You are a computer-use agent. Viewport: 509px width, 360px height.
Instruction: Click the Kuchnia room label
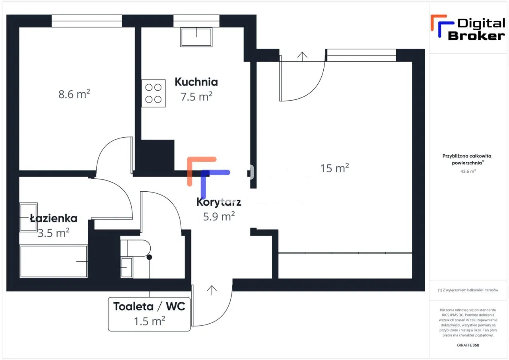click(196, 82)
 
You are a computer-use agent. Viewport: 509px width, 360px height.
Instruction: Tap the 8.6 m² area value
click(74, 94)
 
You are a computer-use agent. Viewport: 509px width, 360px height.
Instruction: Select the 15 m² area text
click(334, 168)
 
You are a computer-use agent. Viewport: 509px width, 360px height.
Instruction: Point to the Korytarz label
click(219, 202)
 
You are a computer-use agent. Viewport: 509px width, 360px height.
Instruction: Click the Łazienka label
click(54, 218)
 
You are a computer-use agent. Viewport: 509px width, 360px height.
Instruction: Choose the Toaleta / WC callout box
click(149, 313)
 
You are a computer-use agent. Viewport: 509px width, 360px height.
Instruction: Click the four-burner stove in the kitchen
click(153, 93)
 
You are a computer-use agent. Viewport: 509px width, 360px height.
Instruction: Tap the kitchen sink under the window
click(196, 37)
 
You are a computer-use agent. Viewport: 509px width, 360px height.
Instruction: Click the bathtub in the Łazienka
click(53, 261)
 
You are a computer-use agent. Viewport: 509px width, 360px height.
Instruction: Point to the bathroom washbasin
click(28, 217)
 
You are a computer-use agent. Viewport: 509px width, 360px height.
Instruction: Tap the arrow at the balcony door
click(303, 56)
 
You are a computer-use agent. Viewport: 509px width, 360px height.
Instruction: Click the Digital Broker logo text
click(476, 29)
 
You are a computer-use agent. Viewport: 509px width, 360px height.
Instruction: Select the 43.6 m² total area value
click(469, 171)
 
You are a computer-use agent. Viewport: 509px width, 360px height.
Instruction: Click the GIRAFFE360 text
click(468, 345)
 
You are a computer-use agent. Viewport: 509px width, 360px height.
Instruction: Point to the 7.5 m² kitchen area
click(196, 97)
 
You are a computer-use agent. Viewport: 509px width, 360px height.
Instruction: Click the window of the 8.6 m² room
click(87, 21)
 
